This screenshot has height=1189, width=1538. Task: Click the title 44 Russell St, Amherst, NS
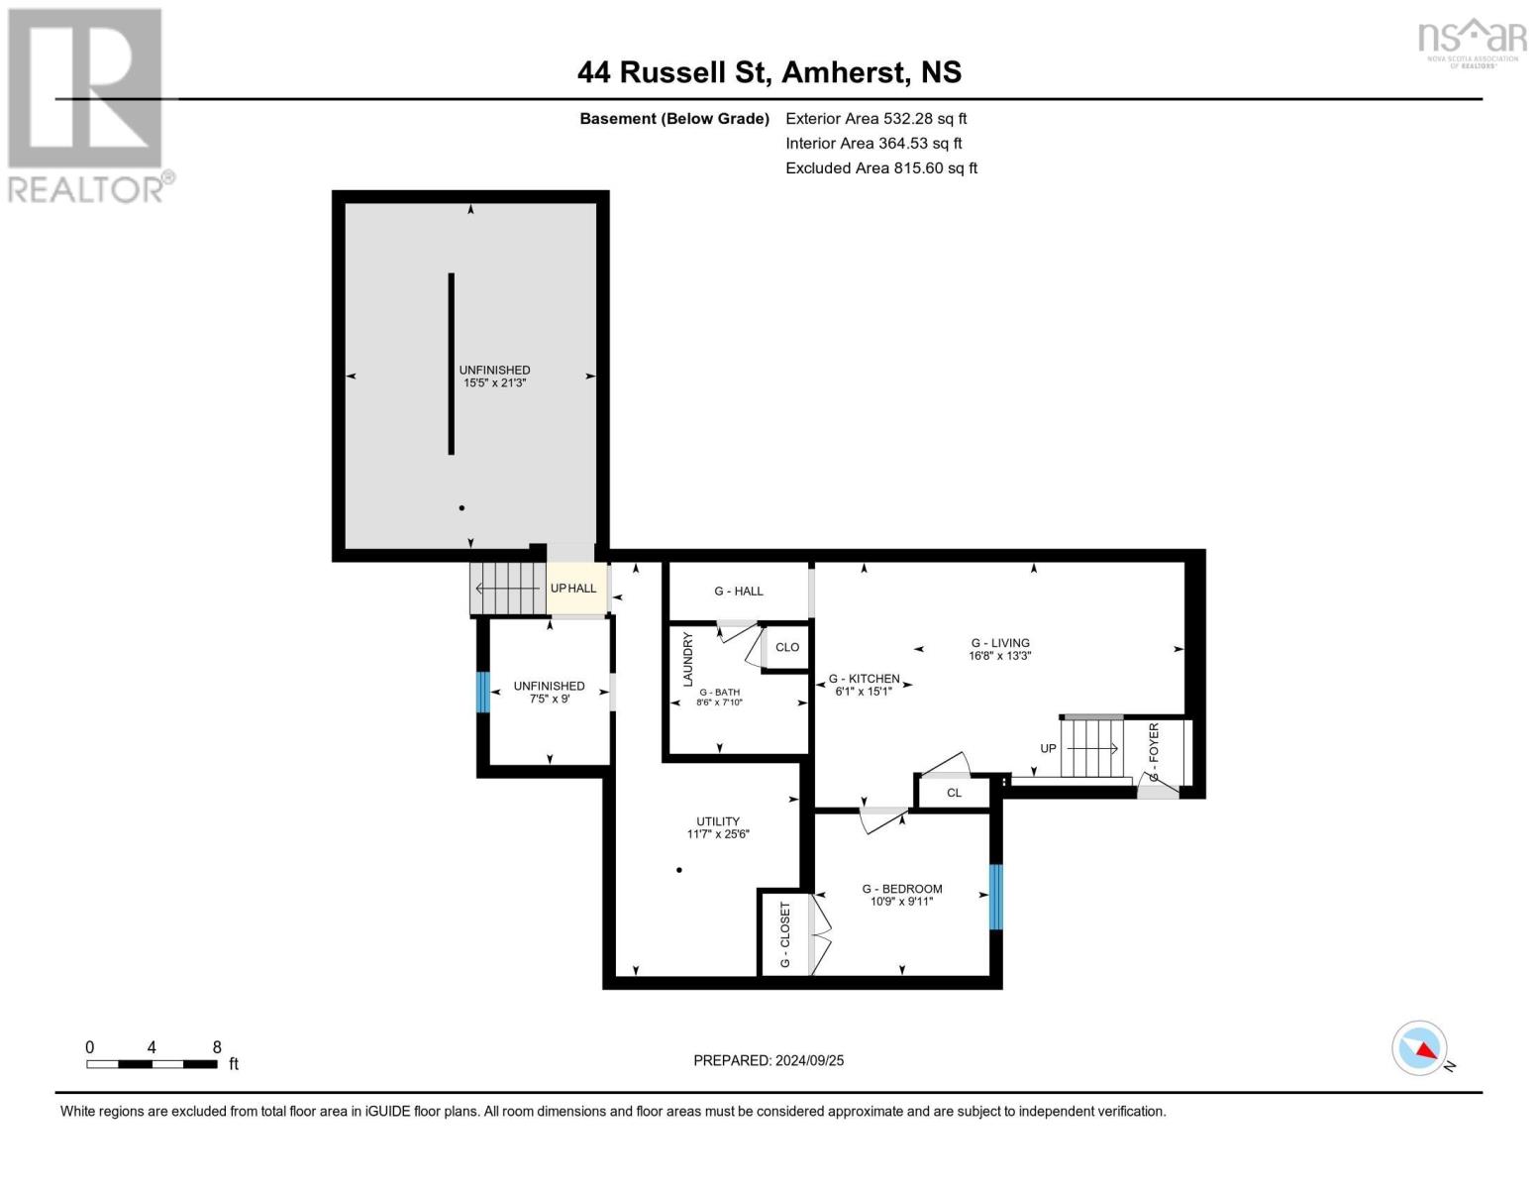[769, 72]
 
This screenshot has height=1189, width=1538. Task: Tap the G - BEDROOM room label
[901, 889]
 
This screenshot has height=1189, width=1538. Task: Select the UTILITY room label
[718, 821]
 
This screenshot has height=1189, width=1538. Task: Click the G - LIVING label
[1000, 643]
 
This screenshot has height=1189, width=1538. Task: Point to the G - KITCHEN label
[864, 679]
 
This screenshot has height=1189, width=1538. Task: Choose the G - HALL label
[739, 592]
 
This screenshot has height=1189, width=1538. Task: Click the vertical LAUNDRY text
[687, 660]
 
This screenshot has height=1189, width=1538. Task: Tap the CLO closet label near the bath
[787, 647]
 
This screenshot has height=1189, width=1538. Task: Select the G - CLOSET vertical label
[785, 934]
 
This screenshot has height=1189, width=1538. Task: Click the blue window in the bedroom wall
[996, 897]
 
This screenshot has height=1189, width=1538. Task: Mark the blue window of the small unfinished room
[483, 692]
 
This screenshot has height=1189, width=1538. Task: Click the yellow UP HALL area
[573, 589]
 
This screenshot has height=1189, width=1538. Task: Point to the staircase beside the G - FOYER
[1091, 747]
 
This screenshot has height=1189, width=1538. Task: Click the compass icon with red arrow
[1420, 1048]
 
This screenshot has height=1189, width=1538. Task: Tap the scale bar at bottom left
[152, 1064]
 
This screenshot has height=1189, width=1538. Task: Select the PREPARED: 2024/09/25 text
[769, 1060]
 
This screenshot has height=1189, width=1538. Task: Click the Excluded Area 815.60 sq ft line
[881, 168]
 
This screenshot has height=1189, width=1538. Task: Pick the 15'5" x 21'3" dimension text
[494, 382]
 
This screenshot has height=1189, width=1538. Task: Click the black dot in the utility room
[679, 870]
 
